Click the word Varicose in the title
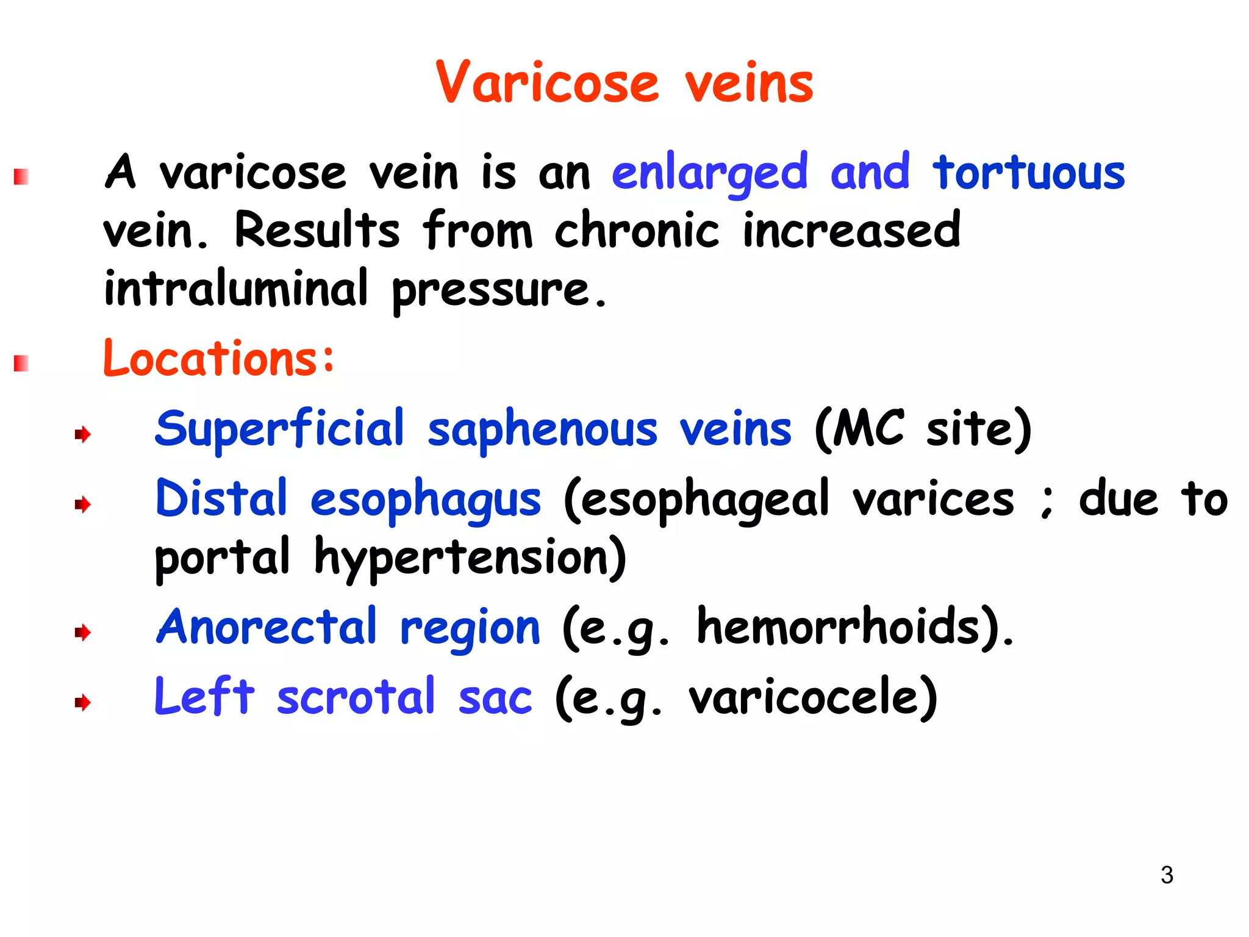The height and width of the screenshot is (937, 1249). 547,83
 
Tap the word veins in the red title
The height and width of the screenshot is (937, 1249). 749,84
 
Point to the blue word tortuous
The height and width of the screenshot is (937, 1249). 1029,173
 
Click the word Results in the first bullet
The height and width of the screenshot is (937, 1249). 317,230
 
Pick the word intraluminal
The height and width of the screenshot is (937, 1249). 236,288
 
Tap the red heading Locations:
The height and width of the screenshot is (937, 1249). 219,358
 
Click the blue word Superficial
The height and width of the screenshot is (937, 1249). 280,428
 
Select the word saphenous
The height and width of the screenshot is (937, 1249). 543,429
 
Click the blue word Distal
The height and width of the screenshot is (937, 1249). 221,498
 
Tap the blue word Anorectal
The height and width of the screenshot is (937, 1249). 267,626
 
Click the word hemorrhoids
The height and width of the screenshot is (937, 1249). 838,626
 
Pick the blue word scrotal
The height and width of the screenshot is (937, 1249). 356,697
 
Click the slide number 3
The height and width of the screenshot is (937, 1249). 1167,875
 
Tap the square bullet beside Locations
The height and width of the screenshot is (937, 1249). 21,364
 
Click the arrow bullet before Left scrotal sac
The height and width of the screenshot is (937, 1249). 82,703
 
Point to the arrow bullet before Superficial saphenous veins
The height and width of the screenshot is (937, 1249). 82,434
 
